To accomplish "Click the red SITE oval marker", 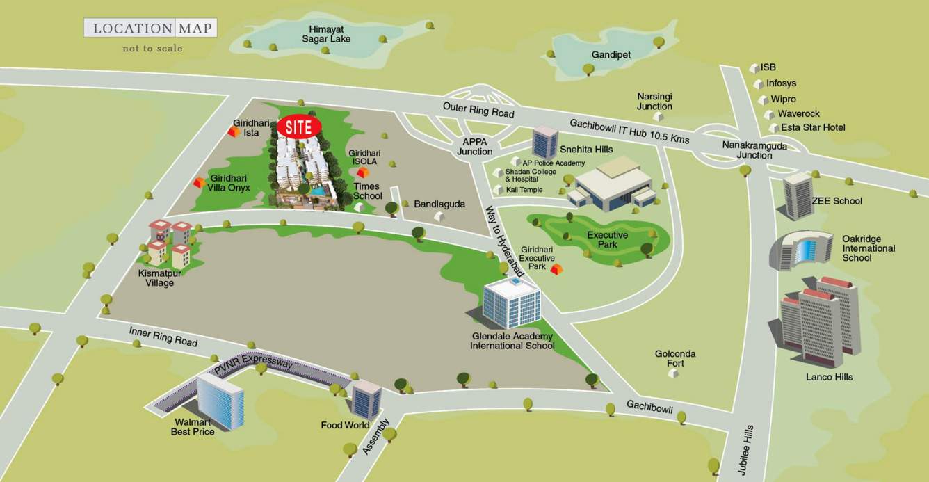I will point(299,127).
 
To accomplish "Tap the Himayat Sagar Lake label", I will point(326,33).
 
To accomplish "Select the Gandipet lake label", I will point(611,54).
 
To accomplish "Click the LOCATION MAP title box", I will point(150,29).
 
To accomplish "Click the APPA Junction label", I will point(475,146).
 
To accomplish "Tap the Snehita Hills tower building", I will point(544,142).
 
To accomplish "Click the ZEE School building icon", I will point(797,196).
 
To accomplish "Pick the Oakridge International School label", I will point(869,248).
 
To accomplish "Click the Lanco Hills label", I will point(829,377).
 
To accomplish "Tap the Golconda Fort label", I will point(674,358).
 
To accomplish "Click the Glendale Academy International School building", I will point(512,303).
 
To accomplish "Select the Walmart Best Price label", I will point(193,426).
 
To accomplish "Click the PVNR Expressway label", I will point(253,367).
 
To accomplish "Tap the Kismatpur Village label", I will point(160,278).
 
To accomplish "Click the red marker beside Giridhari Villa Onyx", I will point(199,182).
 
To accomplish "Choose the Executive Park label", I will point(607,240).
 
